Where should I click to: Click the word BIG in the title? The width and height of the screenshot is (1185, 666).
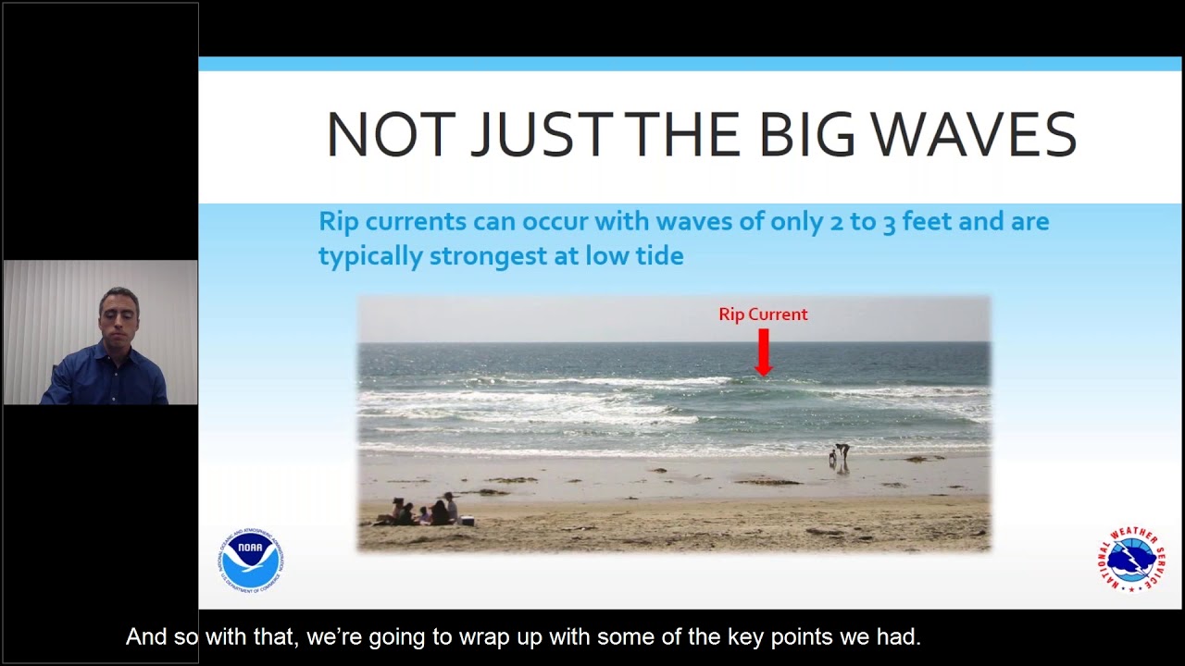(807, 134)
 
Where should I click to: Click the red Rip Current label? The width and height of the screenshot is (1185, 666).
(763, 314)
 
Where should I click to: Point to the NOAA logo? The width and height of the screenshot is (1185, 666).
(251, 560)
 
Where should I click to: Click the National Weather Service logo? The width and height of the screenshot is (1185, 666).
(1131, 559)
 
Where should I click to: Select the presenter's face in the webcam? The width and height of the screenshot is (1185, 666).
(119, 316)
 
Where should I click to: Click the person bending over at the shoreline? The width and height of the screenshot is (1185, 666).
(842, 455)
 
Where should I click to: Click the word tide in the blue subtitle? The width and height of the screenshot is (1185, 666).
(658, 256)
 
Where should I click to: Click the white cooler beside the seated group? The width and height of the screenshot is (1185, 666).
(468, 521)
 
